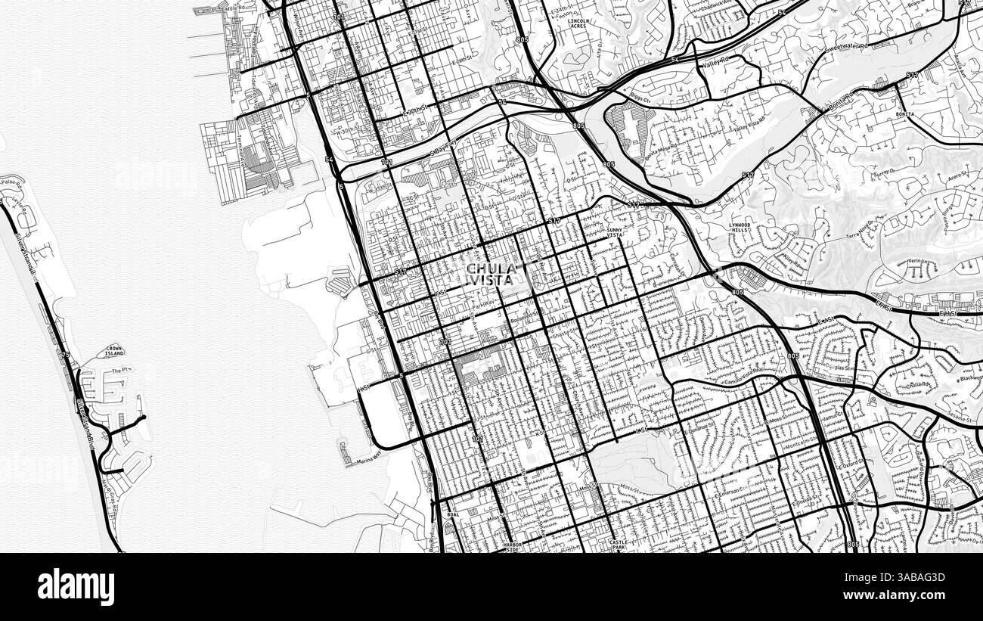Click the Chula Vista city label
pyautogui.click(x=491, y=274)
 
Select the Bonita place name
pyautogui.click(x=904, y=114)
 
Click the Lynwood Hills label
pyautogui.click(x=739, y=228)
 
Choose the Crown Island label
pyautogui.click(x=114, y=351)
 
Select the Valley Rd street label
pyautogui.click(x=715, y=64)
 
